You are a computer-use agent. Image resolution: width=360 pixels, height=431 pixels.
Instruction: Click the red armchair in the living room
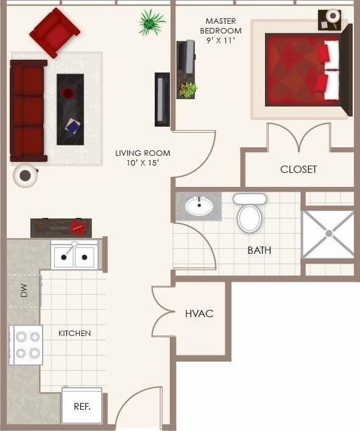point(54,32)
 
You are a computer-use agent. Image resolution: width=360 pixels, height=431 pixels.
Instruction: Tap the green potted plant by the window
point(150,22)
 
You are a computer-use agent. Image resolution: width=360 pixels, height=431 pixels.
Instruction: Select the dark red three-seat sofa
point(27,110)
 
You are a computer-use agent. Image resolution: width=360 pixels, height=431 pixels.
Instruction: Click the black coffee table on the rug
point(70,109)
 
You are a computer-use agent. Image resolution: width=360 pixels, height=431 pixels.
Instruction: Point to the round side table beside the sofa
point(26,176)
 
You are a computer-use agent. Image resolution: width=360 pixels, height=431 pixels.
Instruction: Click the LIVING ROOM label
point(143,158)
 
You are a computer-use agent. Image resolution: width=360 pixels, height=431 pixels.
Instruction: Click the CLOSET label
point(298,169)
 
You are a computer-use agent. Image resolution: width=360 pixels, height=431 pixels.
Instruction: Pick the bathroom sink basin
point(198,206)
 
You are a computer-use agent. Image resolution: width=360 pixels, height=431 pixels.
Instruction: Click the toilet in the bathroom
point(249,214)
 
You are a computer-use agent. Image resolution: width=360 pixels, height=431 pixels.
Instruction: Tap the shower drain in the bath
point(328,233)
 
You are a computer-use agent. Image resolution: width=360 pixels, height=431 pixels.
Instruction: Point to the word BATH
point(259,250)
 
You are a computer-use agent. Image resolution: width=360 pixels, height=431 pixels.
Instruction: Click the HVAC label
point(199,314)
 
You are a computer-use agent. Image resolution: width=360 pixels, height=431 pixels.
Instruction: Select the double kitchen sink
point(74,256)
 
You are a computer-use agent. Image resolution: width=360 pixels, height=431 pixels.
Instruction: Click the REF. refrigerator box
point(82,405)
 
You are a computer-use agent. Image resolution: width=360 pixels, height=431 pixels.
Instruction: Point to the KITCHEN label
point(74,333)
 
